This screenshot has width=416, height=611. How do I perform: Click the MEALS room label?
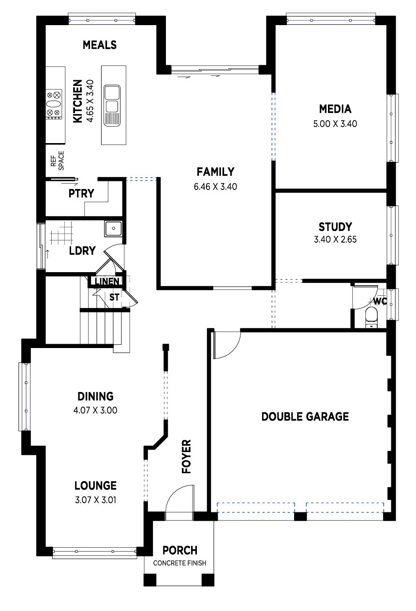click(x=100, y=45)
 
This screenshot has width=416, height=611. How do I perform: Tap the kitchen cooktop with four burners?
click(x=54, y=104)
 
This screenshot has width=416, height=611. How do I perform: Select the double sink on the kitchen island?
click(x=112, y=105)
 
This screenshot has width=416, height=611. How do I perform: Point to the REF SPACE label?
click(x=58, y=161)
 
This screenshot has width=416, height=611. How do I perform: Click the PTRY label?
click(x=81, y=193)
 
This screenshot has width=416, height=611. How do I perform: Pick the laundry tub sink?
click(x=113, y=229)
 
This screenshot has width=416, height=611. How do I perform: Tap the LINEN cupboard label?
click(x=107, y=281)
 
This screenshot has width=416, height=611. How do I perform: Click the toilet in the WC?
click(x=371, y=317)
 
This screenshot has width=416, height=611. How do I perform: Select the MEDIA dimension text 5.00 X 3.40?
click(x=335, y=124)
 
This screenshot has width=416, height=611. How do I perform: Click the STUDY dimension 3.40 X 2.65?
click(x=335, y=239)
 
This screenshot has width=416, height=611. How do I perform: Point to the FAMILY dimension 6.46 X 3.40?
click(x=215, y=187)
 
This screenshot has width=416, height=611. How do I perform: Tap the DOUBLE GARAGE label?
click(x=305, y=417)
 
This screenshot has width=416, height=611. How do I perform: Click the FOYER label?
click(x=186, y=456)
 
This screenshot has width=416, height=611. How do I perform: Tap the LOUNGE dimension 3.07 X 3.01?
click(x=96, y=500)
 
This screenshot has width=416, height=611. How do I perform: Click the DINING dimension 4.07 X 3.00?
click(x=95, y=410)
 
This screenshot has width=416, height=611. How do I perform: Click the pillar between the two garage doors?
click(x=300, y=516)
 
